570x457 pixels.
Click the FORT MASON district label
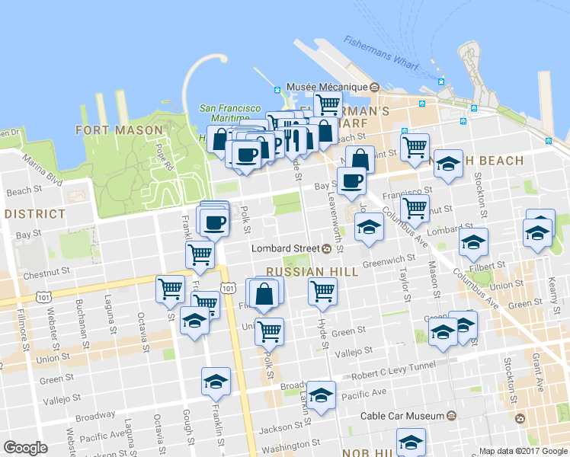(120, 130)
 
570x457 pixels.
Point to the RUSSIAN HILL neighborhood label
(301, 272)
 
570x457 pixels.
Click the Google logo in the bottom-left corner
(25, 448)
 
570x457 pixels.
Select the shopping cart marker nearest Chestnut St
(200, 254)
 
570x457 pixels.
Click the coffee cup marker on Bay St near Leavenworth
(351, 181)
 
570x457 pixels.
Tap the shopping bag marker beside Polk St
(264, 293)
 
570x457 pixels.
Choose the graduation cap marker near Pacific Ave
(322, 395)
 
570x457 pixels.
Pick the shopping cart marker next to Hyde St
(323, 291)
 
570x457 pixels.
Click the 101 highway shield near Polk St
(229, 287)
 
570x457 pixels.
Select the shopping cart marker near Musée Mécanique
(328, 104)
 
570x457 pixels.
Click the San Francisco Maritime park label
(230, 113)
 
